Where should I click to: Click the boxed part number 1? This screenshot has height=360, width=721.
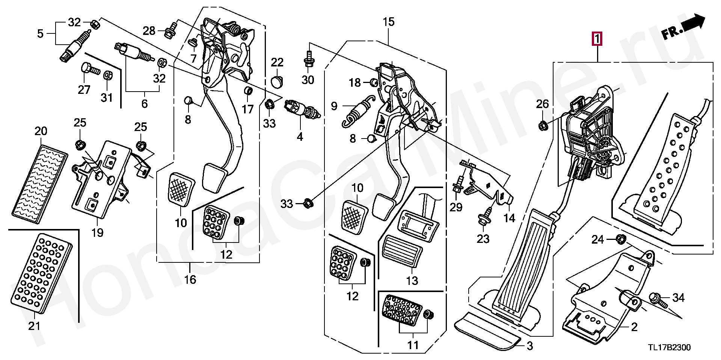597,39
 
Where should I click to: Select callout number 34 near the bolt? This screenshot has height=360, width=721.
678,298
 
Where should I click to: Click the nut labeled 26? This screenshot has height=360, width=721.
542,126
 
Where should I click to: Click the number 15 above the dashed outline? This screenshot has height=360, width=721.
389,22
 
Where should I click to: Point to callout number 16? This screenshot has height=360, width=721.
190,279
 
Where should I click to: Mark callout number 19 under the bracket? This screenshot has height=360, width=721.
97,233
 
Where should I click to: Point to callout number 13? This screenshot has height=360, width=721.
412,280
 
